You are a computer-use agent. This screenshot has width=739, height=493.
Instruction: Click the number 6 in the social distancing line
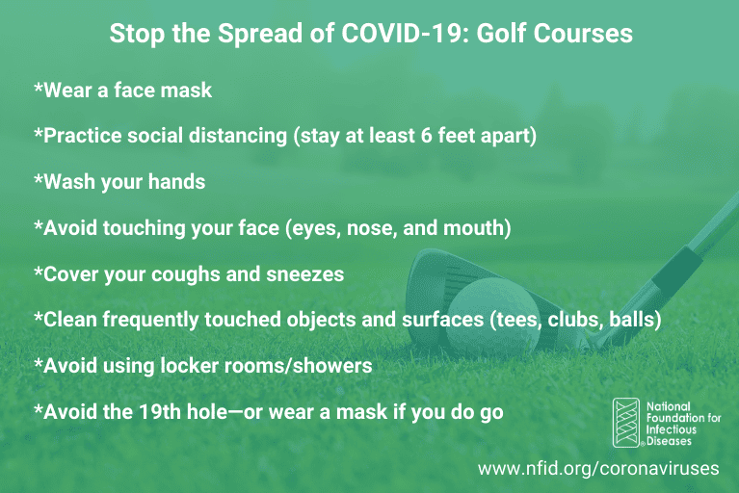coord(426,136)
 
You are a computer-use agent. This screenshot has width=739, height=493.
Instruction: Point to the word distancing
coord(238,136)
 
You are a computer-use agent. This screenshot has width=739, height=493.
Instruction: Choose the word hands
coord(176,182)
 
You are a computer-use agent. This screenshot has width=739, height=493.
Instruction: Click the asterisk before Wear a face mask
coord(39,88)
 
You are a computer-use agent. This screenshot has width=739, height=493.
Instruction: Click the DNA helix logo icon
coord(626,423)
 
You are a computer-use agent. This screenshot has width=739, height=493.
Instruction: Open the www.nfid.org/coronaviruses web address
coord(598,469)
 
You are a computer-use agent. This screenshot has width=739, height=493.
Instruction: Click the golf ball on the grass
coord(493,315)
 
